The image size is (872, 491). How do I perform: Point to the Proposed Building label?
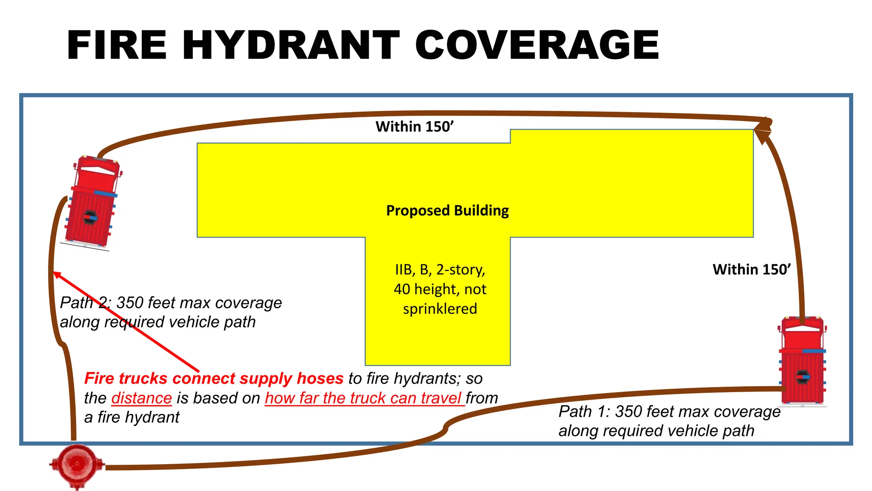pyautogui.click(x=447, y=211)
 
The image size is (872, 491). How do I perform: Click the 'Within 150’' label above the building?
pyautogui.click(x=414, y=127)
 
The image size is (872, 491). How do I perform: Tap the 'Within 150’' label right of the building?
pyautogui.click(x=752, y=269)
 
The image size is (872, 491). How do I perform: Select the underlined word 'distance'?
pyautogui.click(x=141, y=398)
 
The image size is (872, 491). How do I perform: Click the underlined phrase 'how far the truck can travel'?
pyautogui.click(x=364, y=398)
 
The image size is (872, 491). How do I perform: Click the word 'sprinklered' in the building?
pyautogui.click(x=440, y=309)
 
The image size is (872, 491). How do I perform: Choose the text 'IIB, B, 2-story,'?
pyautogui.click(x=440, y=269)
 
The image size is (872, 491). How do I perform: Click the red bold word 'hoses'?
pyautogui.click(x=320, y=378)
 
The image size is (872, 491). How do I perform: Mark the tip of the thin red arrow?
pyautogui.click(x=55, y=273)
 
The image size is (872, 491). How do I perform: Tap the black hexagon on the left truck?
pyautogui.click(x=90, y=217)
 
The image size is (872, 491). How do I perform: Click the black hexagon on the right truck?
pyautogui.click(x=802, y=377)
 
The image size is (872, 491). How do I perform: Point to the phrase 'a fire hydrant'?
pyautogui.click(x=132, y=417)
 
